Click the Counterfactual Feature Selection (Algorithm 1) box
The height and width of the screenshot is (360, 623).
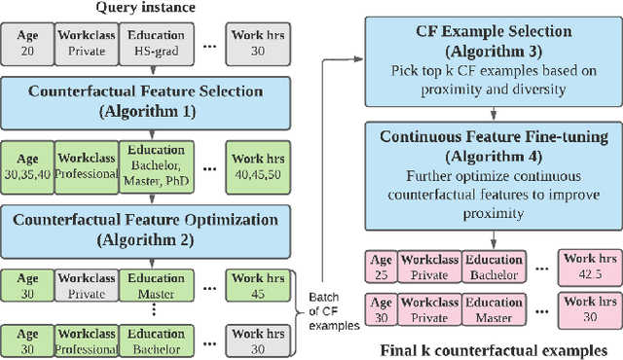146,100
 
